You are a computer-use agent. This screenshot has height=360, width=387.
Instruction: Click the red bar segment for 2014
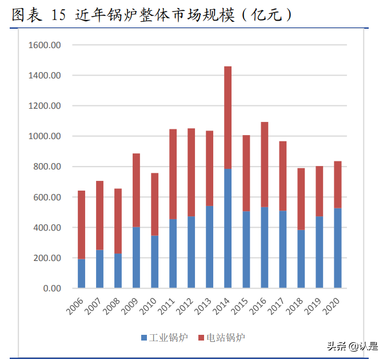228,117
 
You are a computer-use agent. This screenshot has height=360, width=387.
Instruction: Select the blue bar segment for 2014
228,228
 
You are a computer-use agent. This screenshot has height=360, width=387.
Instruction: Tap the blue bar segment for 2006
82,274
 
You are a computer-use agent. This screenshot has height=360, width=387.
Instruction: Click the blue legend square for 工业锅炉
144,338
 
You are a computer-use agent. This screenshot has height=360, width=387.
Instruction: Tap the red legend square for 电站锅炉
201,338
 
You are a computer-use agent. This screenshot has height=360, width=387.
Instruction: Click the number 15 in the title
59,15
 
